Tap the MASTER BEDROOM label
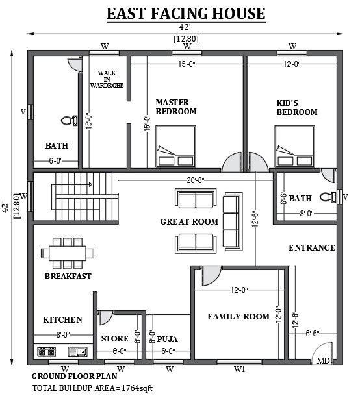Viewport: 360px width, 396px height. click(175, 106)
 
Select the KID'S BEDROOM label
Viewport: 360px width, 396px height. click(297, 107)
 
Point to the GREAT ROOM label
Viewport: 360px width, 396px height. click(189, 222)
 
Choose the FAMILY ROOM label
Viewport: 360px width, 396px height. click(238, 317)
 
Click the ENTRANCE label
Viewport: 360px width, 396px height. click(312, 248)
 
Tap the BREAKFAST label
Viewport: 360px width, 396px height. click(68, 276)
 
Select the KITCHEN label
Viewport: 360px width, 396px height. click(62, 319)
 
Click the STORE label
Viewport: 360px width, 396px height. click(114, 339)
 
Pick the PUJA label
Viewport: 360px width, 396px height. click(167, 339)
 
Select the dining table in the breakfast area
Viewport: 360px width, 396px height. click(67, 252)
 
